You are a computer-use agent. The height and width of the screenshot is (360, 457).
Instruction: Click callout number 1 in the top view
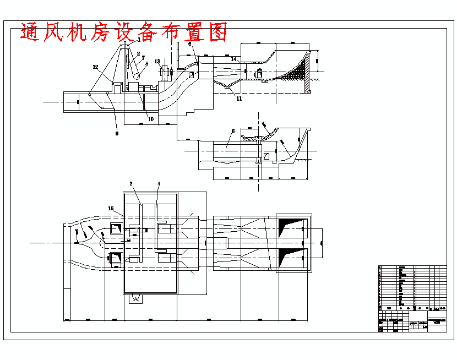[139, 40]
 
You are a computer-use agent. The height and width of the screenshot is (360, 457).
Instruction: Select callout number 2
[139, 53]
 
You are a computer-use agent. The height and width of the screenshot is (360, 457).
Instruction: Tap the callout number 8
[146, 63]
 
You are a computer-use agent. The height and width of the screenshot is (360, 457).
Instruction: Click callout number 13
[157, 61]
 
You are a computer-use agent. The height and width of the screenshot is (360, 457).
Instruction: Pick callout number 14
[233, 59]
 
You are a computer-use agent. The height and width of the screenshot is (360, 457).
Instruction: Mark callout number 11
[239, 99]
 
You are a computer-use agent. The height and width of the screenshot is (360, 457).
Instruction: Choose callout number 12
[95, 67]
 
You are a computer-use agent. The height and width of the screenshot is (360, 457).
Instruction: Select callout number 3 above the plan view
[131, 183]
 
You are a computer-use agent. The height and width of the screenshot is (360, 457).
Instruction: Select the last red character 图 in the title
[218, 32]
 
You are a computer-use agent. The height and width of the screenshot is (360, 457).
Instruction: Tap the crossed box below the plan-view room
[134, 299]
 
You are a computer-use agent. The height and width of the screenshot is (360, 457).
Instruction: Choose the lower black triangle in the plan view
[292, 256]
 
